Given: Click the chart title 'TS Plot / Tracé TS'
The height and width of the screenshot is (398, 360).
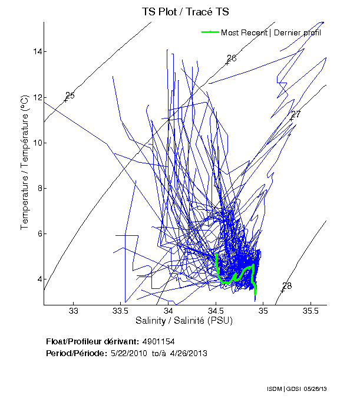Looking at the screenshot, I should pyautogui.click(x=186, y=11).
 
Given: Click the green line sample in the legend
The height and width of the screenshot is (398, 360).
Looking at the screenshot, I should pyautogui.click(x=210, y=32).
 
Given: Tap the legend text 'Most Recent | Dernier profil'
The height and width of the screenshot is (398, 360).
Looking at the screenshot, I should pyautogui.click(x=271, y=32).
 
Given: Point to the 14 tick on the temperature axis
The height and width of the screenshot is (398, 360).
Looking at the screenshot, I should pyautogui.click(x=37, y=52).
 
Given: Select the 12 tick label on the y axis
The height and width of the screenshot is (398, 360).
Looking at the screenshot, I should pyautogui.click(x=37, y=97).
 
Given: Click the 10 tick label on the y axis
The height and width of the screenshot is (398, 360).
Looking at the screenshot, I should pyautogui.click(x=37, y=143).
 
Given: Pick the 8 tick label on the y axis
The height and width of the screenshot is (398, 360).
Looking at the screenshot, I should pyautogui.click(x=39, y=188).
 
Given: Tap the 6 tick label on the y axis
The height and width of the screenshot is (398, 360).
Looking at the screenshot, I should pyautogui.click(x=39, y=233).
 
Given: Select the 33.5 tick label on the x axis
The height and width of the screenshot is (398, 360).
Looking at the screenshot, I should pyautogui.click(x=121, y=311).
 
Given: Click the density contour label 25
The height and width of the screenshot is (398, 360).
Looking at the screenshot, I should pyautogui.click(x=70, y=96).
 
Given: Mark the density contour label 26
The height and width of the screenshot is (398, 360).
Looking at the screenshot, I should pyautogui.click(x=232, y=58).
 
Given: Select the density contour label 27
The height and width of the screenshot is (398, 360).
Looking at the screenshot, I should pyautogui.click(x=296, y=114).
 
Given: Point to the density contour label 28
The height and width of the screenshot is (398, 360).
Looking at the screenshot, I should pyautogui.click(x=287, y=286).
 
